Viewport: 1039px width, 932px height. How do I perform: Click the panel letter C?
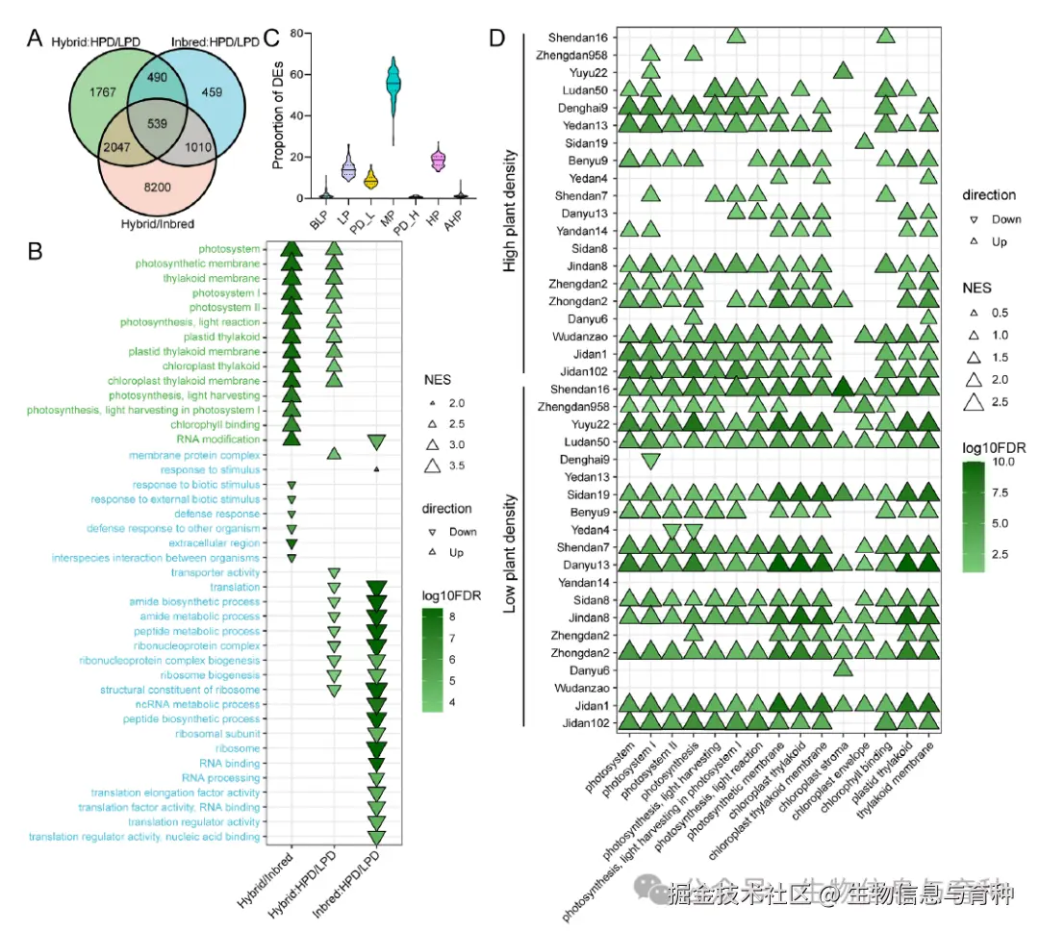pyautogui.click(x=271, y=38)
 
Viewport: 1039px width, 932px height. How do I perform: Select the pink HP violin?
pyautogui.click(x=439, y=160)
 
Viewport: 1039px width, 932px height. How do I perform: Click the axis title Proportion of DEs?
pyautogui.click(x=279, y=115)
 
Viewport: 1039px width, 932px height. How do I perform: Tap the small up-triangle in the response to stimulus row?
pyautogui.click(x=376, y=469)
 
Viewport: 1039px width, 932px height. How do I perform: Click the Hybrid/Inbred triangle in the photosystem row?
pyautogui.click(x=291, y=250)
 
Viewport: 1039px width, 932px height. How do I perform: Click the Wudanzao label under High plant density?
pyautogui.click(x=576, y=337)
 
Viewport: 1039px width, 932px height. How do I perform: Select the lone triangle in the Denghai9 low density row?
pyautogui.click(x=649, y=460)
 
